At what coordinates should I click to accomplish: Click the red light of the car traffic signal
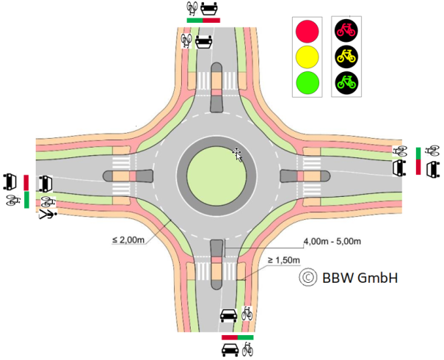coord(307,30)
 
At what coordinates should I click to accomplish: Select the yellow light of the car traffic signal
coord(307,54)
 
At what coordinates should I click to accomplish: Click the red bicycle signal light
coord(348,30)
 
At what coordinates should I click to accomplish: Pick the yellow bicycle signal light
coord(348,54)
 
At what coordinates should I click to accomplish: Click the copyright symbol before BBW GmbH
coord(307,277)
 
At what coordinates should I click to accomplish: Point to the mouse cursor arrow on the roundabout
coord(237,153)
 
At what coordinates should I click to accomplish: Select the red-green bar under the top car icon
coord(203,21)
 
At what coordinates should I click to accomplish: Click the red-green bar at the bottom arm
coord(237,336)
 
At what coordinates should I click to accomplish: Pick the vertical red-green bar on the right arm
coord(418,161)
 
